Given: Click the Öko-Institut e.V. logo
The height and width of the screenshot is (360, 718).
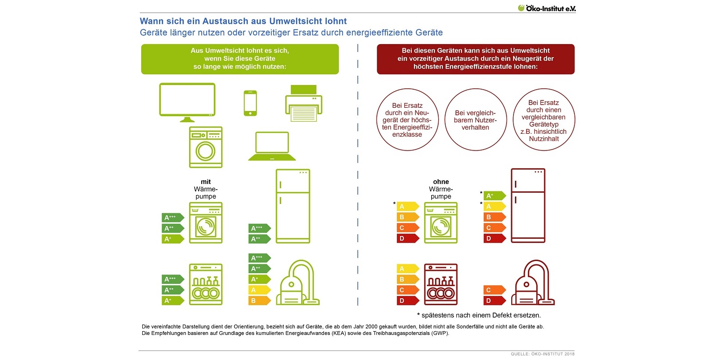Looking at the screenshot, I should (547, 8).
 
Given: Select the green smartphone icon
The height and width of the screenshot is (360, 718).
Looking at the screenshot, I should (250, 103).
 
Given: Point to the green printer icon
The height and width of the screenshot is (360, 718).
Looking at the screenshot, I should (303, 103).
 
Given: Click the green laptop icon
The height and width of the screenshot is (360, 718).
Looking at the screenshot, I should (272, 146).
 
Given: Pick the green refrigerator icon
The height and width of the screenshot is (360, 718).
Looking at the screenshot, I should (293, 206).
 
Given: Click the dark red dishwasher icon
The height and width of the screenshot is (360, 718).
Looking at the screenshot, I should (441, 284).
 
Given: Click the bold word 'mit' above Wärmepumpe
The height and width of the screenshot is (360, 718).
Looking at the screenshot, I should (206, 182).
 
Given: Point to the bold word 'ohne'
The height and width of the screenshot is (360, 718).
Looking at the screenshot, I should (441, 182).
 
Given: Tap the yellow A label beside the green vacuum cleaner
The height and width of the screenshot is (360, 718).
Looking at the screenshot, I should (259, 290).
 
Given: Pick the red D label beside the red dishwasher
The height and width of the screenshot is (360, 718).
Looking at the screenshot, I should (408, 301).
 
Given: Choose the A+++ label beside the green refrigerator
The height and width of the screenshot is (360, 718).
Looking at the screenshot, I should (259, 228).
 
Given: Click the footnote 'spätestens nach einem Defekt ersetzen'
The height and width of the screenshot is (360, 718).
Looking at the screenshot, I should (479, 315).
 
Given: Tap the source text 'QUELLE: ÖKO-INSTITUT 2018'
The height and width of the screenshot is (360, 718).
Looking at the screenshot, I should (542, 354).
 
